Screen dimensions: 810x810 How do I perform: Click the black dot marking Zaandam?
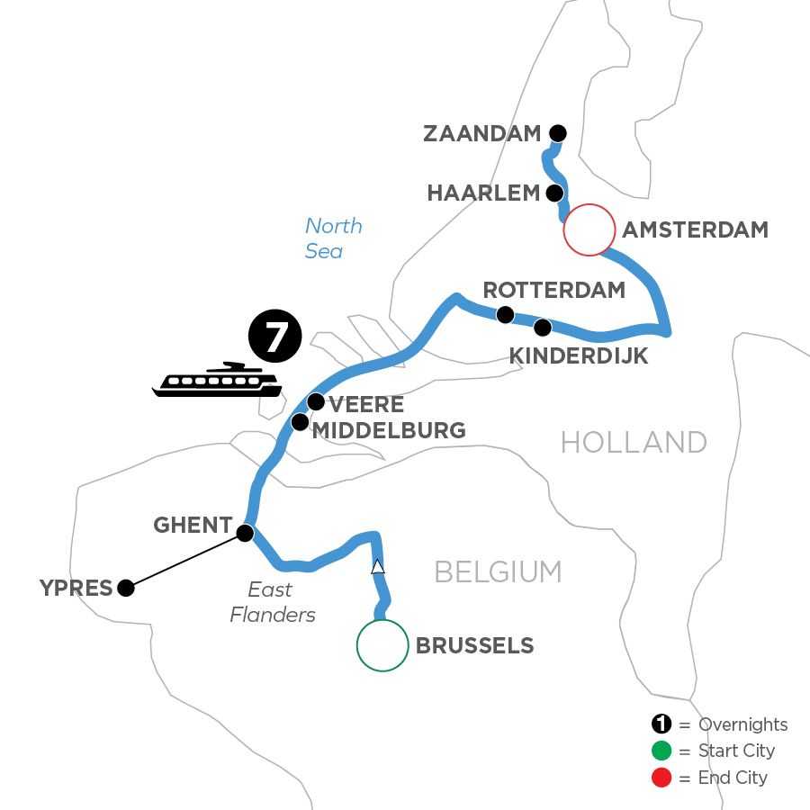tap(558, 134)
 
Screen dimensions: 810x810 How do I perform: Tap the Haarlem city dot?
tap(556, 193)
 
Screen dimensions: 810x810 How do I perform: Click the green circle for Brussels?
tap(382, 645)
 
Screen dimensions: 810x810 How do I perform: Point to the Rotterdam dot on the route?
tap(506, 314)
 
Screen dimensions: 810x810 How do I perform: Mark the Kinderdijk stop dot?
tap(542, 326)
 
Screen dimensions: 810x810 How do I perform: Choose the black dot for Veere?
tap(316, 401)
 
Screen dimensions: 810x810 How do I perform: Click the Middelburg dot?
tap(300, 422)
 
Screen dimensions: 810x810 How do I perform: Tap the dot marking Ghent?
tap(244, 533)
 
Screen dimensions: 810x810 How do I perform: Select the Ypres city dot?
tap(126, 589)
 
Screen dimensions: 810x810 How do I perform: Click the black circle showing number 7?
tap(275, 337)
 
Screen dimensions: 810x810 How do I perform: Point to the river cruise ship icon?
tap(216, 381)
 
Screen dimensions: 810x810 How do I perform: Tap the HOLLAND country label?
tap(634, 443)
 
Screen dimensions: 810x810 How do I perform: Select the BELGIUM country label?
tap(498, 571)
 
